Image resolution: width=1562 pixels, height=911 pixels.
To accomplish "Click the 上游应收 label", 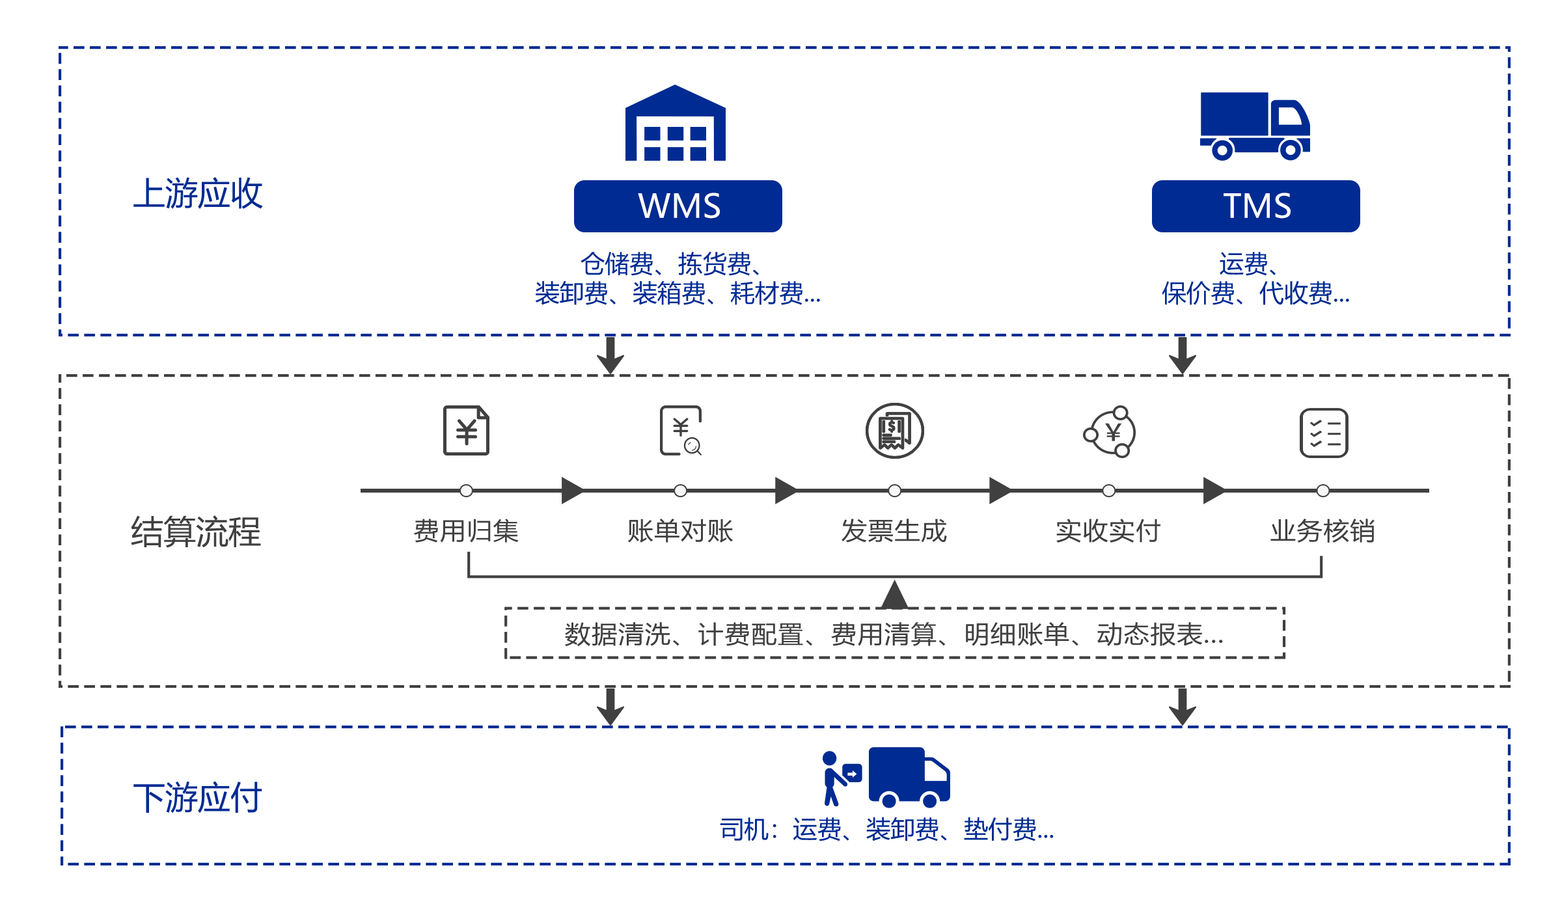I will (x=198, y=193).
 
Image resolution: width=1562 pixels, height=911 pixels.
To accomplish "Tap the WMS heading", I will (x=679, y=206).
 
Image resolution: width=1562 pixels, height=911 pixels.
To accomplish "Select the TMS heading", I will (x=1257, y=206).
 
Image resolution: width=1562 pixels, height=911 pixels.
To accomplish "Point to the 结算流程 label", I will (x=198, y=532).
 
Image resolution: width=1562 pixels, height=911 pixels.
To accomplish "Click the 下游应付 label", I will (x=199, y=797).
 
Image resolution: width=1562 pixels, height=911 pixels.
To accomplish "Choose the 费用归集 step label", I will (x=466, y=531).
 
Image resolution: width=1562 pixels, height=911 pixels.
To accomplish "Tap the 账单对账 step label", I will (x=681, y=531).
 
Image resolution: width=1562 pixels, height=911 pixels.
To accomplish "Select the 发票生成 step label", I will (x=894, y=531).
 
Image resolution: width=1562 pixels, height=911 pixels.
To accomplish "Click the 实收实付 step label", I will (x=1108, y=531).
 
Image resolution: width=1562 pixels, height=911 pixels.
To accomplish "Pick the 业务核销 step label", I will (x=1322, y=531).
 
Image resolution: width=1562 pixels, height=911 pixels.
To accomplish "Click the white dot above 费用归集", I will (x=466, y=491).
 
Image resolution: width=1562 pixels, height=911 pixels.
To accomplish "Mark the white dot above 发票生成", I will (x=895, y=491).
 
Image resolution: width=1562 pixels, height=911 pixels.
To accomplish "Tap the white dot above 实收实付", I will (x=1109, y=491).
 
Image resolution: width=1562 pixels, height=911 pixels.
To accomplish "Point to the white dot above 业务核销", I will (x=1323, y=491).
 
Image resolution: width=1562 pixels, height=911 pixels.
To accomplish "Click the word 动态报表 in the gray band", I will (x=1149, y=634).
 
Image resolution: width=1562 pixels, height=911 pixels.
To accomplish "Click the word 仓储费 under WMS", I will (x=617, y=264).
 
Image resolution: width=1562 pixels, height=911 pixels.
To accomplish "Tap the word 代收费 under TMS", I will (x=1294, y=293).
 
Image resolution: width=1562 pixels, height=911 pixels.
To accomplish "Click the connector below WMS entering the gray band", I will (x=607, y=355).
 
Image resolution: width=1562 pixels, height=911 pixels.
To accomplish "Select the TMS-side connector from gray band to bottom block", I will (x=1179, y=707).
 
